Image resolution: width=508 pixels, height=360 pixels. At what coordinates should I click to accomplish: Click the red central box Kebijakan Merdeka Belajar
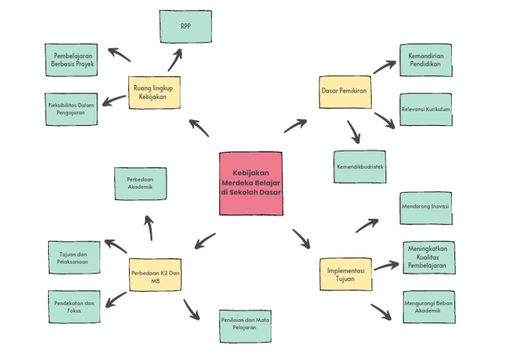click(251, 183)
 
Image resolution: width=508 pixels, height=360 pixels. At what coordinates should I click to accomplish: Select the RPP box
click(185, 27)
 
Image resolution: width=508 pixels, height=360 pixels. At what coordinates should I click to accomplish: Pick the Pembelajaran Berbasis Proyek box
click(72, 60)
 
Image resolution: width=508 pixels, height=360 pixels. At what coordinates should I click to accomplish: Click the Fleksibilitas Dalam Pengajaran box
click(72, 109)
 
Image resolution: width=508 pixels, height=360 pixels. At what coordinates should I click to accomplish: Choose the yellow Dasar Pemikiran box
click(345, 92)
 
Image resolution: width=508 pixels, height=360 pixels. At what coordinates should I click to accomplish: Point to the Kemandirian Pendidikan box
click(426, 60)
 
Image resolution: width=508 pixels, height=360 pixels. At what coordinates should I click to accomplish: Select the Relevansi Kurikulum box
click(426, 109)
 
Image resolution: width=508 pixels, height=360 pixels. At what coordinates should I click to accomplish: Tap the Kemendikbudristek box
click(359, 167)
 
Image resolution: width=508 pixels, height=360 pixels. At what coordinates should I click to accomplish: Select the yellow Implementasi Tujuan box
click(345, 274)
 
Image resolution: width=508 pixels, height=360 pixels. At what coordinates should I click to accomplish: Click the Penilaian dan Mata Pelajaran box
click(245, 325)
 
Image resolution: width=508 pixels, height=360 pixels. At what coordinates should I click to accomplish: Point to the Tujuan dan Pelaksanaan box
click(74, 258)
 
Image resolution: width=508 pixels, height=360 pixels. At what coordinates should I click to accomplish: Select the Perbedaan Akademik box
click(140, 183)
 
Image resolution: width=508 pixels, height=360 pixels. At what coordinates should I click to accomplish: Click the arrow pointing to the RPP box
click(175, 59)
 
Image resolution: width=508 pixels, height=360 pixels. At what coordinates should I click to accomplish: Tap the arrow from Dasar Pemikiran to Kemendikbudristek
click(354, 132)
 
